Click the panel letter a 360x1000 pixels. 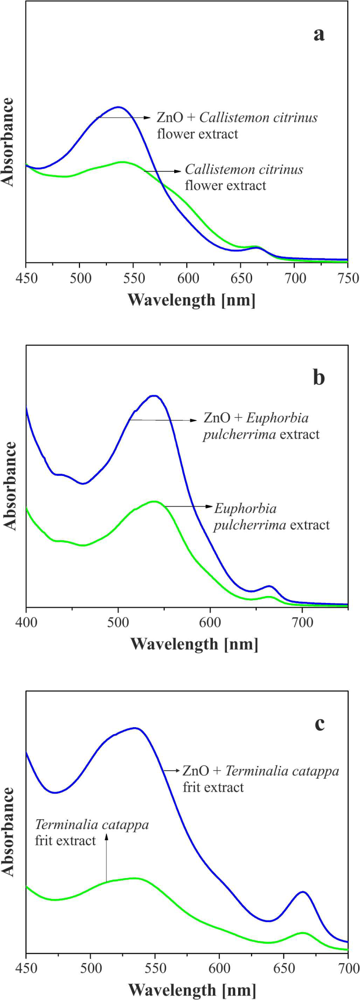(x=319, y=34)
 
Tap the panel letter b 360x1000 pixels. (x=319, y=377)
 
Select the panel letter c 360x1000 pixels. (x=319, y=723)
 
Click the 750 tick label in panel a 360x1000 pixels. (x=348, y=279)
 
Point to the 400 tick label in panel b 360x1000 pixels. (x=26, y=623)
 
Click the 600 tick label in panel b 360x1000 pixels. (x=210, y=623)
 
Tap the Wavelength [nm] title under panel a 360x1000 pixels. (x=191, y=299)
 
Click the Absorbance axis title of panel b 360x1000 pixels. (x=10, y=486)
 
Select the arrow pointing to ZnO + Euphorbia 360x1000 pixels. (x=163, y=420)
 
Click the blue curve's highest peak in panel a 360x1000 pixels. (x=118, y=107)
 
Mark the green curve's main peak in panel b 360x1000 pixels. (x=154, y=501)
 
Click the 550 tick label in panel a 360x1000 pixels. (x=134, y=279)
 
